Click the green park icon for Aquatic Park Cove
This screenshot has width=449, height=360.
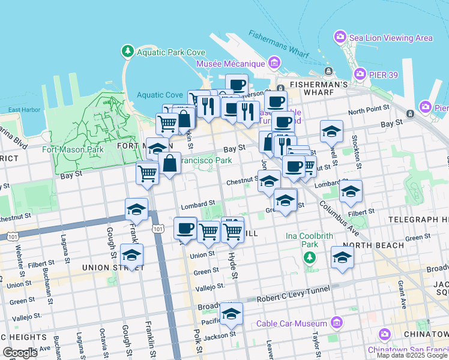[127, 52]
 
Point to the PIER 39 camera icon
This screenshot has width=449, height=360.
[360, 74]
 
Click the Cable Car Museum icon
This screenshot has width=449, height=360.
[337, 324]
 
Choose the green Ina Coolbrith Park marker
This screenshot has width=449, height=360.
[309, 258]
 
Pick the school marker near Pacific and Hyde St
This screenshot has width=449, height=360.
[231, 313]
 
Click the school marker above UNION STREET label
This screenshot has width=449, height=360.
[131, 254]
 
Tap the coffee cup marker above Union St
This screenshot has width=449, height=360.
[185, 227]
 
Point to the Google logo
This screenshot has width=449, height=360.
[20, 353]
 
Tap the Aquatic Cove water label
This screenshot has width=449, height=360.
[159, 95]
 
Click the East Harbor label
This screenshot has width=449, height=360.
[25, 110]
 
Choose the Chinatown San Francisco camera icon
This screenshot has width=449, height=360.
[384, 334]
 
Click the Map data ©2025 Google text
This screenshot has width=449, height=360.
[412, 355]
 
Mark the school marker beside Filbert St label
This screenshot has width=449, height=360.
[351, 191]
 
